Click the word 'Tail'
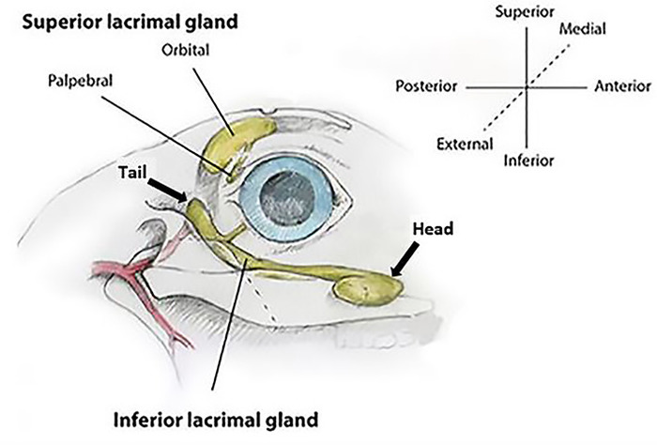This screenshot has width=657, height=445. (133, 173)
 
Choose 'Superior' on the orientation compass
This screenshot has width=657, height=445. (527, 12)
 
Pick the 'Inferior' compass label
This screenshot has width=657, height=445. (528, 161)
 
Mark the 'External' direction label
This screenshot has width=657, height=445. (464, 144)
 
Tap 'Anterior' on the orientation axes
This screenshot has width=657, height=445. (621, 87)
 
